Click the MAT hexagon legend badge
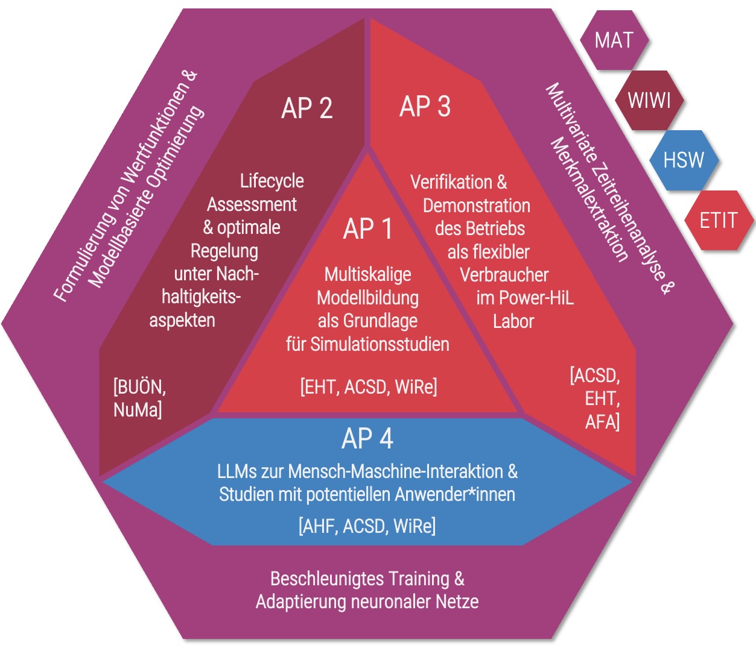pos(614,40)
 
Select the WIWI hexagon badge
pos(649,100)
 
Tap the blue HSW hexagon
pos(684,160)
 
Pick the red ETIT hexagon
pos(718,221)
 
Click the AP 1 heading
pos(367,229)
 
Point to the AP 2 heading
pos(307,108)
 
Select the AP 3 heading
pos(425,107)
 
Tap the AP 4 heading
pos(367,439)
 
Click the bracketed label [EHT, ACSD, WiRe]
pos(369,386)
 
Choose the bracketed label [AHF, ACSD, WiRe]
pos(367,526)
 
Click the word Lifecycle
pos(272,181)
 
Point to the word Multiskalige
pos(367,274)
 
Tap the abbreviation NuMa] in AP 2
pos(138,410)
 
